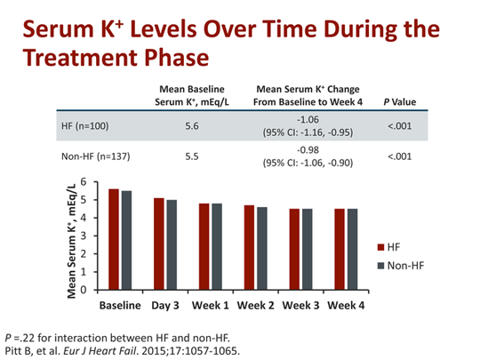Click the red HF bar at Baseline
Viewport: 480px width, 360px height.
[112, 239]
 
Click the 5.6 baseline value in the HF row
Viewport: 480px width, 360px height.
[190, 125]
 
